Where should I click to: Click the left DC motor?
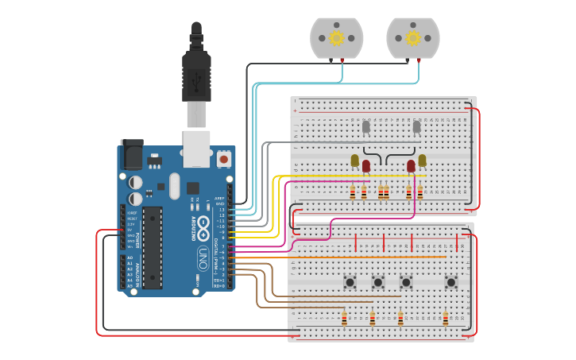click(x=336, y=37)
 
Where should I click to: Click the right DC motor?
click(x=412, y=37)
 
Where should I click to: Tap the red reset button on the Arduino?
click(x=224, y=159)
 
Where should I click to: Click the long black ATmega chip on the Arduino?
click(x=153, y=247)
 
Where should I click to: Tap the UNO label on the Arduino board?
click(x=203, y=257)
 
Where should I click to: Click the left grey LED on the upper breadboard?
click(x=366, y=126)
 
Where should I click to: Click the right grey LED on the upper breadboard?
click(x=416, y=126)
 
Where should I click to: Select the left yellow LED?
click(x=355, y=161)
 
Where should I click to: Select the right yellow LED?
click(x=422, y=161)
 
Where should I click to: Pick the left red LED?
click(x=366, y=166)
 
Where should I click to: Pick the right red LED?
click(x=411, y=166)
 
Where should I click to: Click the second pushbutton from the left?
click(x=378, y=281)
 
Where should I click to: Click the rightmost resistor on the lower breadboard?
click(x=445, y=318)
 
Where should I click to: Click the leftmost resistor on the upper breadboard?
click(x=353, y=192)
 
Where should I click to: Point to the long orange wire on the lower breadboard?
click(x=365, y=257)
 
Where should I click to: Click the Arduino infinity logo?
click(x=203, y=224)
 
